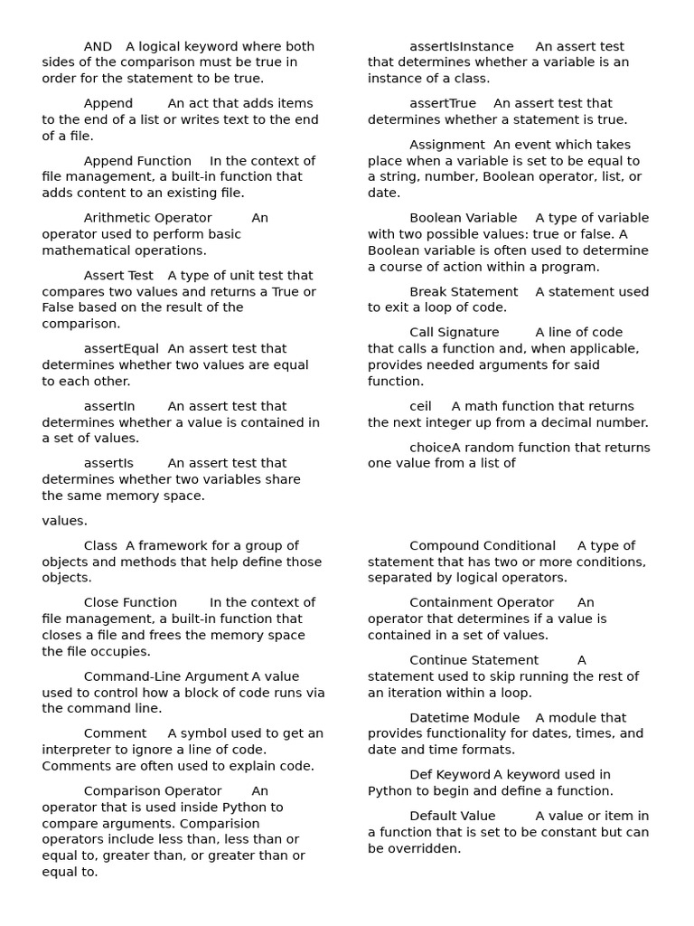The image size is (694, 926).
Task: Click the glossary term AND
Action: tap(98, 47)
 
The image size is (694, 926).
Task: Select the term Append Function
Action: tap(137, 161)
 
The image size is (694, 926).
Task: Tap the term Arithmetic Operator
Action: tap(147, 218)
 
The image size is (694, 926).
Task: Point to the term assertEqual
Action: tap(121, 349)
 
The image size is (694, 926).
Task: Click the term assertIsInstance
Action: tap(461, 47)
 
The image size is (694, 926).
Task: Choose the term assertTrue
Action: tap(442, 104)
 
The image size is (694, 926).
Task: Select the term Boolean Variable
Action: tap(463, 218)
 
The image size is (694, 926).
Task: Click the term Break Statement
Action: tap(464, 292)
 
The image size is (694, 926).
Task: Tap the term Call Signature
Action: tap(454, 333)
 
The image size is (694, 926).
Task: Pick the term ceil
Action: tap(420, 407)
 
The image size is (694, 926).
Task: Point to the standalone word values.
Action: tap(64, 521)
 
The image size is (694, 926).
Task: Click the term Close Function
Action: tap(130, 603)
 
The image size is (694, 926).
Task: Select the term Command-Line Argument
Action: tap(165, 677)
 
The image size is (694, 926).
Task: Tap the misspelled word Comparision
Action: tap(220, 824)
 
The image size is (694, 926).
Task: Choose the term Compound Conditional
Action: tap(482, 546)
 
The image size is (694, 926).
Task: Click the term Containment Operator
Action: tap(481, 603)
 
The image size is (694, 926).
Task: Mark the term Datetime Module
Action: tap(464, 718)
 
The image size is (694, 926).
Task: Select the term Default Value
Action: tap(452, 817)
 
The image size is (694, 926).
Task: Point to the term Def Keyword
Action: tap(449, 775)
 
